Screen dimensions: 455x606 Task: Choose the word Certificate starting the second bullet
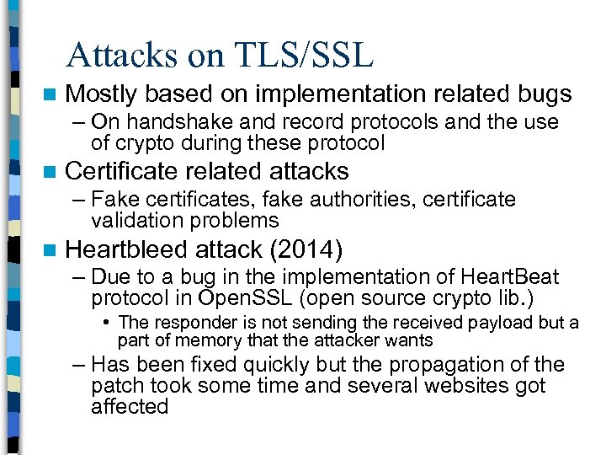[x=122, y=171]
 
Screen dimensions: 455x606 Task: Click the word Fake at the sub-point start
[x=111, y=200]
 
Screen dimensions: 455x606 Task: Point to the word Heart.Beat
[x=510, y=277]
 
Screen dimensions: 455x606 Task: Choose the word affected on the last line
[x=130, y=406]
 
